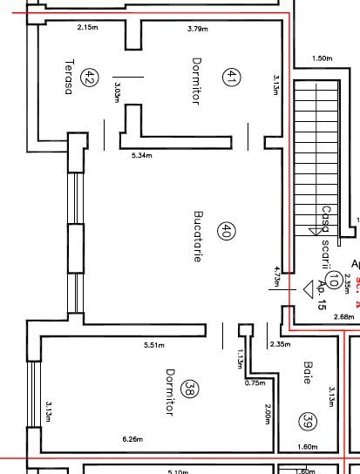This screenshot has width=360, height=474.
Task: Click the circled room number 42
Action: tap(89, 78)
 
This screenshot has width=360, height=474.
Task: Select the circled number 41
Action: tap(230, 78)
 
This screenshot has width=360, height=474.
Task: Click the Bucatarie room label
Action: tap(198, 235)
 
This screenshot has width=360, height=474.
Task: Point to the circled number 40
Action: tap(226, 232)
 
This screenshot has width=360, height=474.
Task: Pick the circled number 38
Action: tap(191, 391)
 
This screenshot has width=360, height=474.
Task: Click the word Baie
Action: tap(307, 373)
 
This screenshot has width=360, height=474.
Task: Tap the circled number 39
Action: tap(307, 422)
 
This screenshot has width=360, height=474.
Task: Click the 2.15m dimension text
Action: tap(87, 28)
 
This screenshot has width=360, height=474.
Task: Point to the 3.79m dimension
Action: tap(198, 28)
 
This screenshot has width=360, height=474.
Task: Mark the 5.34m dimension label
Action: tap(141, 156)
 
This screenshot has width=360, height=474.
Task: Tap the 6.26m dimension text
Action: tap(133, 438)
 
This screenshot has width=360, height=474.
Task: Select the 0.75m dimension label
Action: tap(255, 383)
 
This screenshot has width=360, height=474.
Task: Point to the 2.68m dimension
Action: tap(343, 316)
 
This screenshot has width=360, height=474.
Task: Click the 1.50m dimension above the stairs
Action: tap(321, 58)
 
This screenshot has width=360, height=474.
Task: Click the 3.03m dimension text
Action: tap(116, 92)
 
